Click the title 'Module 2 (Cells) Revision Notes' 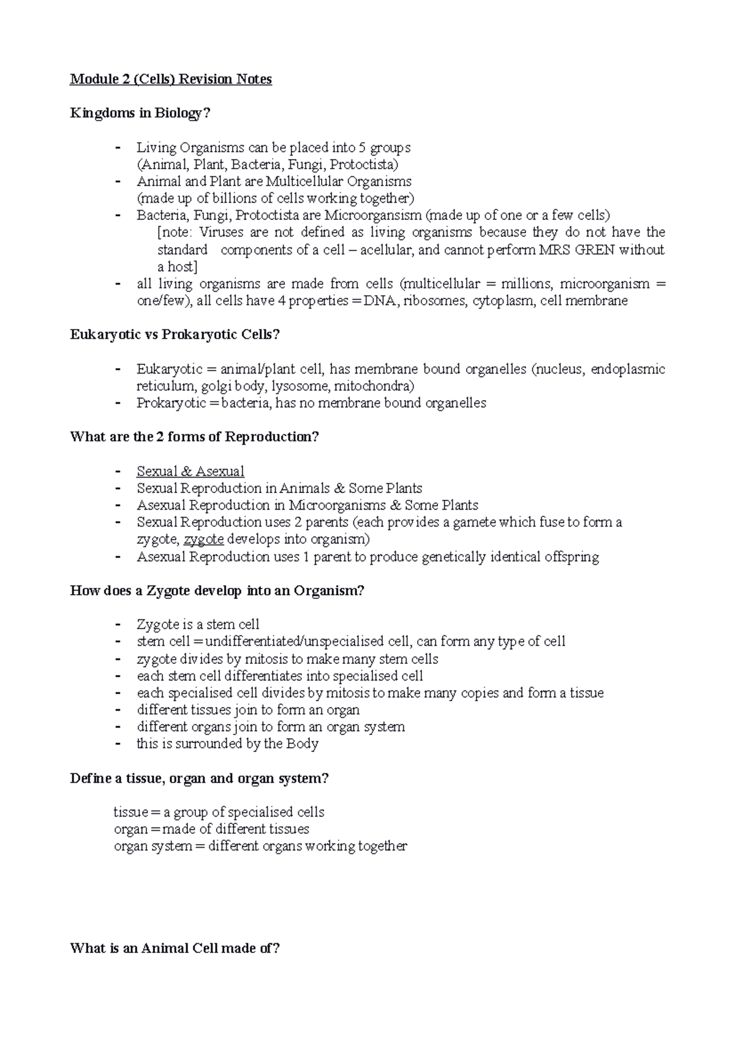[171, 79]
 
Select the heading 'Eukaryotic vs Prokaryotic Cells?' [175, 334]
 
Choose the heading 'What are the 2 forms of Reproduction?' [195, 437]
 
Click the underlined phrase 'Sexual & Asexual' [190, 471]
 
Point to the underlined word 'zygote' [204, 540]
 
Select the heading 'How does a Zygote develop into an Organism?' [217, 591]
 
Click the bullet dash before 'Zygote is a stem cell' [118, 625]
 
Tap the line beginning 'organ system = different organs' [260, 846]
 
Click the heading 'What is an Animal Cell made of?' [175, 949]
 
